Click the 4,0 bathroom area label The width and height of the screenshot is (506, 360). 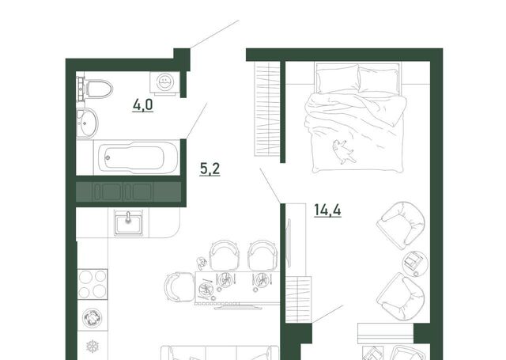[x=142, y=105]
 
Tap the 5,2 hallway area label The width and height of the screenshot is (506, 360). [x=210, y=169]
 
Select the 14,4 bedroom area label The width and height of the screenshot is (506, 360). [x=327, y=210]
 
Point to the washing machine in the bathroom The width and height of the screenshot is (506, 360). [x=164, y=82]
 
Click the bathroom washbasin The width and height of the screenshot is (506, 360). [x=86, y=123]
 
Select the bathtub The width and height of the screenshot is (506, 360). [x=137, y=157]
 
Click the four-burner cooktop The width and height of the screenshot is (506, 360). [x=93, y=284]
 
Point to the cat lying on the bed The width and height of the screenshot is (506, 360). [x=342, y=151]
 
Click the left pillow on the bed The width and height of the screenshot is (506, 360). [x=338, y=79]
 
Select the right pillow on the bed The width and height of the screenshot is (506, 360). [x=379, y=81]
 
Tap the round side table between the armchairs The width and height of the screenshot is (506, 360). [x=415, y=263]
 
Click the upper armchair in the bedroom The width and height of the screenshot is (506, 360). [x=401, y=225]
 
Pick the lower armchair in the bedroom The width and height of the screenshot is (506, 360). [x=401, y=296]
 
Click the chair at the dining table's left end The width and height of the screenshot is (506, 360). [x=179, y=287]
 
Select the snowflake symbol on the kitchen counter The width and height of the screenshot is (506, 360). [x=93, y=347]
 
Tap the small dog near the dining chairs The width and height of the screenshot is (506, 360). [x=202, y=263]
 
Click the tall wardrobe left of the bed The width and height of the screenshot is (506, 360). [x=267, y=109]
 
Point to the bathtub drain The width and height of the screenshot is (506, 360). [x=108, y=157]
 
